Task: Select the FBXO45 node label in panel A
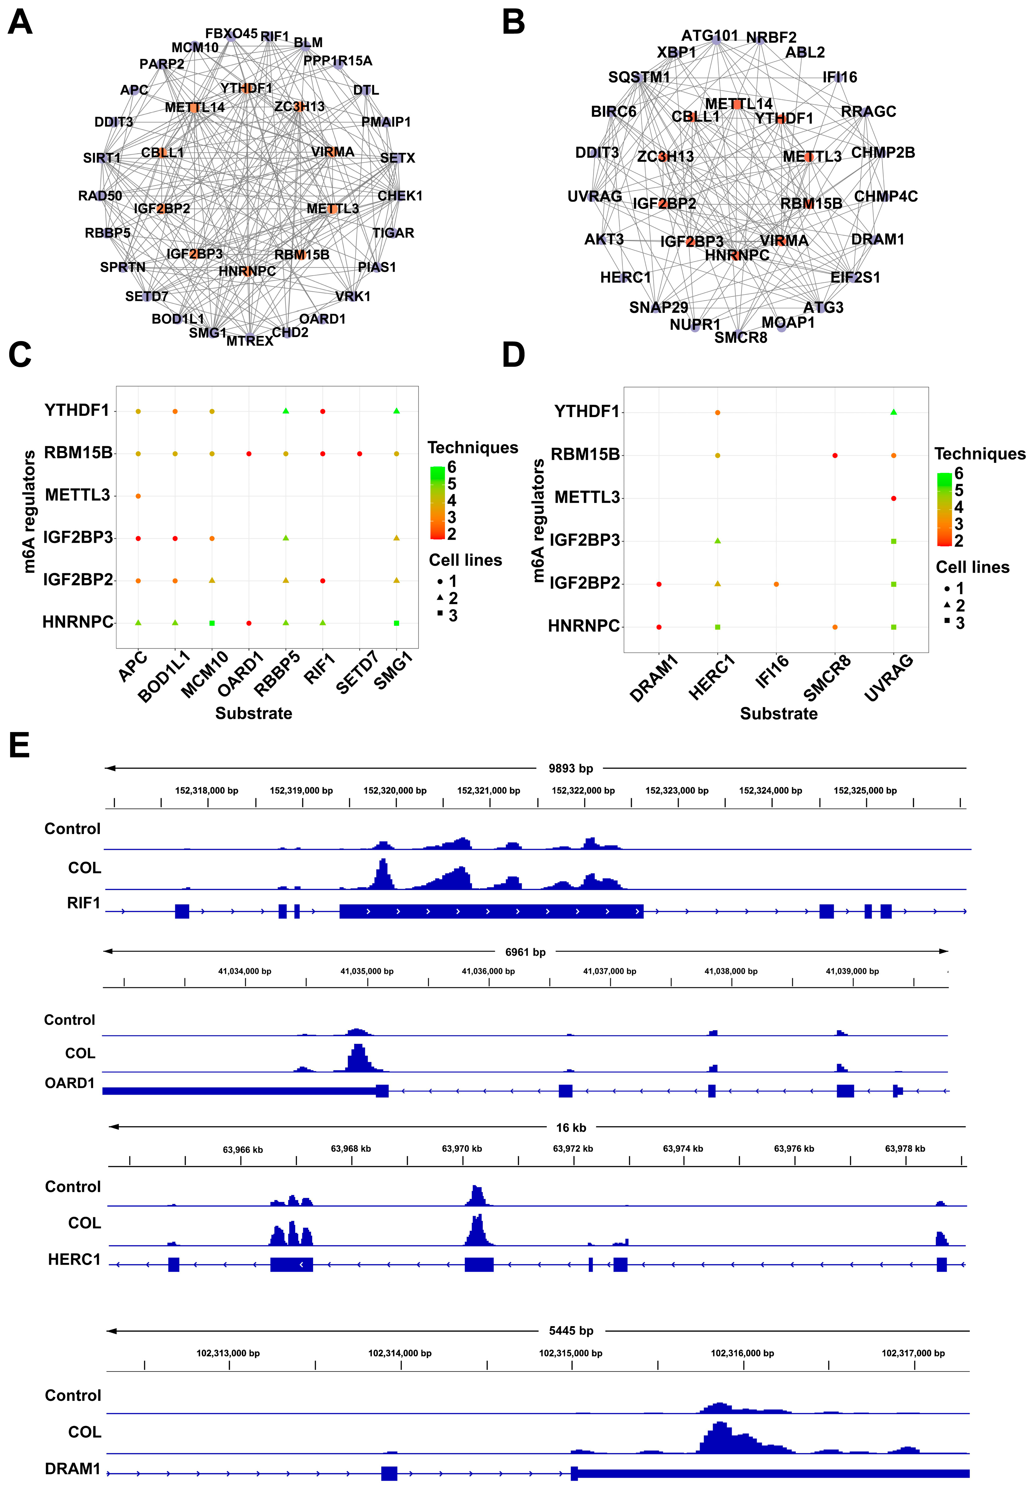[231, 33]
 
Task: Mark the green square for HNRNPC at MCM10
[212, 623]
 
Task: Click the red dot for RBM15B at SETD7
[360, 454]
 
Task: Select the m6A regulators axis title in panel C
[28, 512]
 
